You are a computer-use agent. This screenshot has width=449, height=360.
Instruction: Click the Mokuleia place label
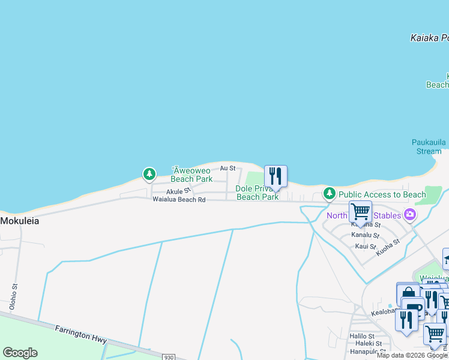pyautogui.click(x=20, y=221)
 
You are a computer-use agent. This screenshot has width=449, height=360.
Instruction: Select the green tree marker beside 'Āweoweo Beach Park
pyautogui.click(x=149, y=174)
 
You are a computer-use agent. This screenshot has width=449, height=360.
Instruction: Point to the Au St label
pyautogui.click(x=228, y=169)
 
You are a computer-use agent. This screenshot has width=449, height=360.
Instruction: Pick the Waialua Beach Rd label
pyautogui.click(x=179, y=199)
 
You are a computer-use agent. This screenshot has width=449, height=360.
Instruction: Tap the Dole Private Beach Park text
pyautogui.click(x=257, y=193)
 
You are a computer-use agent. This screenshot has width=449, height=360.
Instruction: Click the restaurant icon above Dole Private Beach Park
pyautogui.click(x=276, y=176)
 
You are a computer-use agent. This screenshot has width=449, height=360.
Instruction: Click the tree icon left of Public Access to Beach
pyautogui.click(x=329, y=193)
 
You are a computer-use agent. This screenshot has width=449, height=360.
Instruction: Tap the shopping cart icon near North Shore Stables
pyautogui.click(x=360, y=212)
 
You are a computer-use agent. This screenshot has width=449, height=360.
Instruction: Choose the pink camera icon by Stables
pyautogui.click(x=410, y=214)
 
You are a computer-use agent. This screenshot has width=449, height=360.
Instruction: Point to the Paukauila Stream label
pyautogui.click(x=427, y=146)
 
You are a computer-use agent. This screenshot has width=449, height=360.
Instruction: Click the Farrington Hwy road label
pyautogui.click(x=80, y=334)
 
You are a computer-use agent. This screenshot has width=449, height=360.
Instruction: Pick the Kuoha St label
pyautogui.click(x=387, y=248)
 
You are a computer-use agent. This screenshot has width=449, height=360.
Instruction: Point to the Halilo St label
pyautogui.click(x=362, y=336)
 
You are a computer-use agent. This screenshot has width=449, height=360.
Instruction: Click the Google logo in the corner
pyautogui.click(x=20, y=353)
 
